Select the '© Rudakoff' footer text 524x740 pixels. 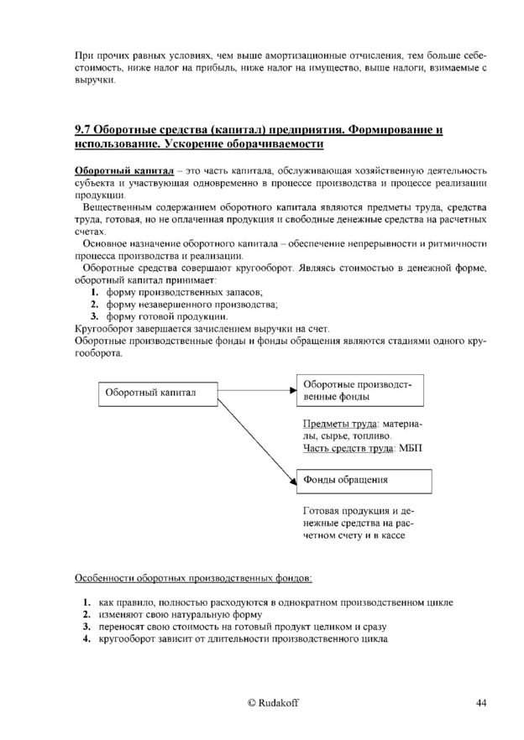pos(261,702)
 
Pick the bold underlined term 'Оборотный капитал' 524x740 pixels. pos(124,172)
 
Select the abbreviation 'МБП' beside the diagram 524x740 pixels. pos(410,449)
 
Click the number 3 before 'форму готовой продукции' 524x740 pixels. pos(95,317)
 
